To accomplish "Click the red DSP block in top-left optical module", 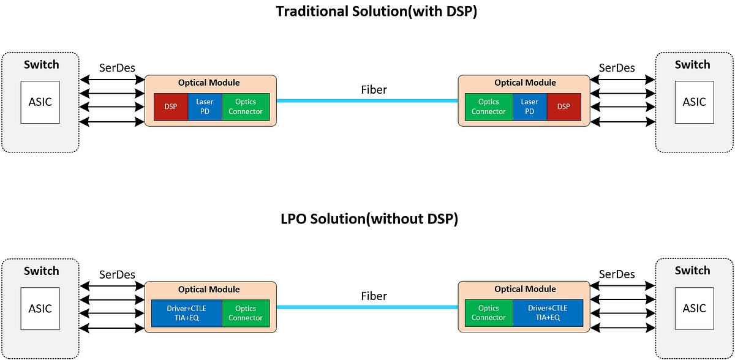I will click(170, 107).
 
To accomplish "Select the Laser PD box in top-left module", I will click(205, 107).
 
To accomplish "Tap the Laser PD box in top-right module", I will click(529, 107).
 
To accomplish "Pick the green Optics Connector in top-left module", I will click(246, 107).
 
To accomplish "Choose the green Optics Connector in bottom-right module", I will click(488, 313).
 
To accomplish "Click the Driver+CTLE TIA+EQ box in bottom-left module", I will click(187, 313).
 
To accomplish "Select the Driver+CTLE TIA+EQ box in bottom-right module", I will click(547, 313).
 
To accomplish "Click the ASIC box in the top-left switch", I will click(40, 102).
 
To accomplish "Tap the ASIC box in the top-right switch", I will click(695, 102).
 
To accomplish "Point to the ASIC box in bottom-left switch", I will click(40, 309).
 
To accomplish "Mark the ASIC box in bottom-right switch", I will click(695, 309).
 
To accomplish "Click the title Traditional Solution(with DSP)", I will click(367, 12).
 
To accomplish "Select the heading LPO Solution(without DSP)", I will click(367, 219).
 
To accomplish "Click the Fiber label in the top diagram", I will click(374, 90).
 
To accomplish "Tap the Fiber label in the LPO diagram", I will click(374, 296).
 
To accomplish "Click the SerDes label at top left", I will click(117, 68).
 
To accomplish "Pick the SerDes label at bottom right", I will click(617, 274).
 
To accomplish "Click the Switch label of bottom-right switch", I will click(692, 271).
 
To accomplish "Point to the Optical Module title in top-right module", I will click(525, 83).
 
